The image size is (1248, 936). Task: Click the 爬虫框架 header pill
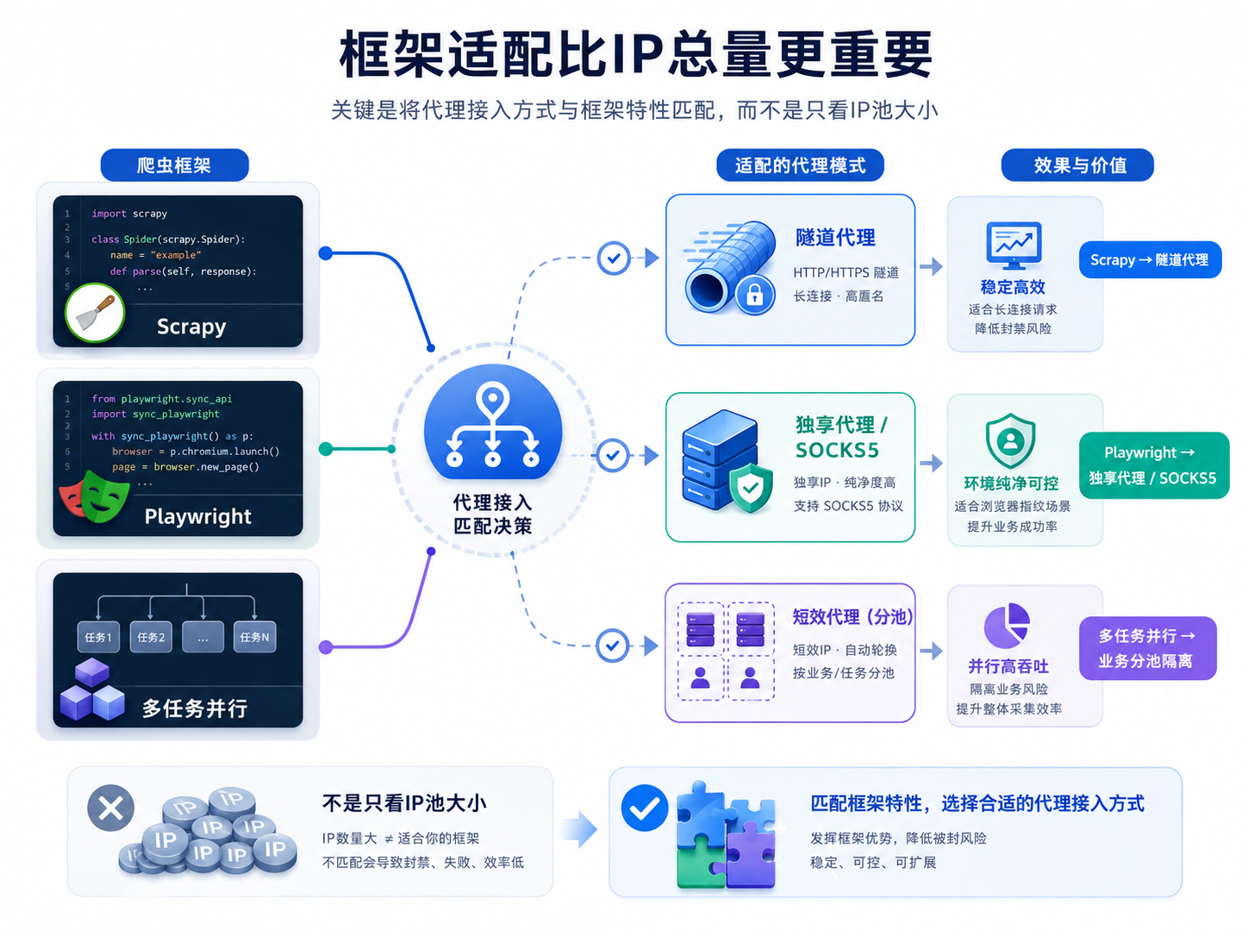pyautogui.click(x=175, y=165)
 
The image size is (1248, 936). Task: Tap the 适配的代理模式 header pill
pyautogui.click(x=800, y=165)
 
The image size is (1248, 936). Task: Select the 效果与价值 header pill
pyautogui.click(x=1077, y=165)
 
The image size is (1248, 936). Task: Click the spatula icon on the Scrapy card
pyautogui.click(x=95, y=313)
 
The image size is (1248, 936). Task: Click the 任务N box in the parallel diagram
pyautogui.click(x=254, y=637)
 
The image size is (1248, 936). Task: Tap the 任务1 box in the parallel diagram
pyautogui.click(x=98, y=637)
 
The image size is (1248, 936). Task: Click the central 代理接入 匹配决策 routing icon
pyautogui.click(x=493, y=422)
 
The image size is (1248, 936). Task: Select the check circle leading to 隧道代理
pyautogui.click(x=614, y=258)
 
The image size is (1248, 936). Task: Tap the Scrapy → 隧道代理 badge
pyautogui.click(x=1150, y=259)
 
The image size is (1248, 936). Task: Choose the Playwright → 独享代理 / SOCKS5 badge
pyautogui.click(x=1153, y=465)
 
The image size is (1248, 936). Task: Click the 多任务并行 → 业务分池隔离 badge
pyautogui.click(x=1147, y=648)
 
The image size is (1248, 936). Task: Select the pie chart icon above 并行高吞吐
pyautogui.click(x=1007, y=626)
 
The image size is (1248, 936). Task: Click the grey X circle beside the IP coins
pyautogui.click(x=111, y=808)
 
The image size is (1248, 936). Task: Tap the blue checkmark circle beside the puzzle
pyautogui.click(x=645, y=808)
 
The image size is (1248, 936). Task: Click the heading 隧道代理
pyautogui.click(x=835, y=238)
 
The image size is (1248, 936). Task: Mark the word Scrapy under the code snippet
pyautogui.click(x=191, y=327)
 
